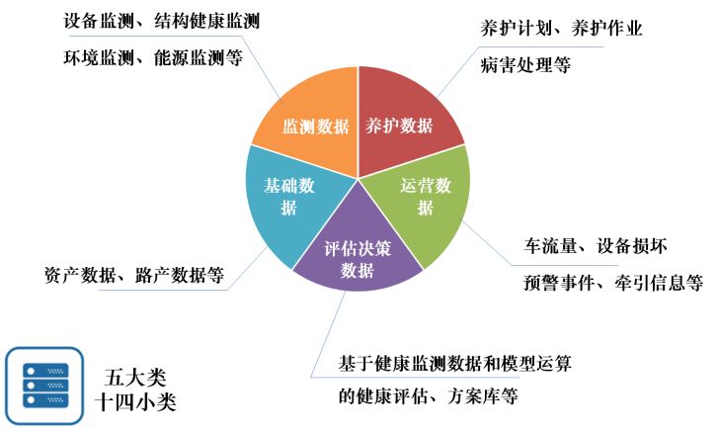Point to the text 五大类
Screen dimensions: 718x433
click(x=137, y=378)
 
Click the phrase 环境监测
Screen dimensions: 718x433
click(x=96, y=57)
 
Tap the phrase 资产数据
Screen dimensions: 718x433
click(x=77, y=274)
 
